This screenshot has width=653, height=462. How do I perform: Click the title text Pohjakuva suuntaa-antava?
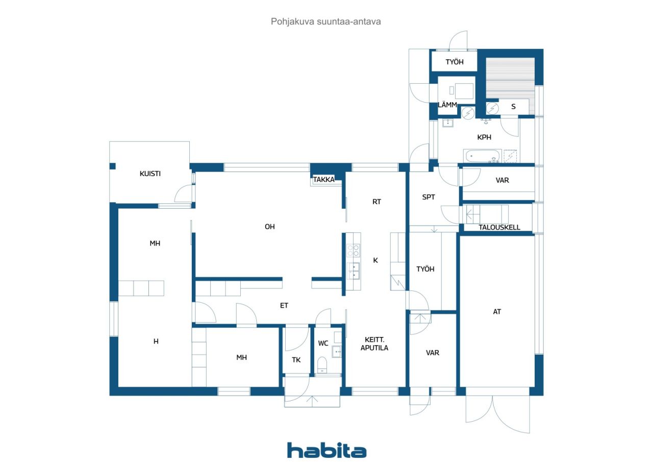325,21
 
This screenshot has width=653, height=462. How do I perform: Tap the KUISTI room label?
150,174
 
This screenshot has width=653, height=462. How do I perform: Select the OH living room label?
270,227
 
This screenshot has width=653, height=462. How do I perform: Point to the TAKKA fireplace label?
323,180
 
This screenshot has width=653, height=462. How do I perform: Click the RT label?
376,202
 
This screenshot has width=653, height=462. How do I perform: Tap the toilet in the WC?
322,365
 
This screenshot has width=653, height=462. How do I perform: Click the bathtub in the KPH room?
482,156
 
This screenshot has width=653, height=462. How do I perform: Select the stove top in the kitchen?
353,250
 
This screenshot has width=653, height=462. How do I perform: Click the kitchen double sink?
353,271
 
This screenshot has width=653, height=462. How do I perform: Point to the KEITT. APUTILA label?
374,344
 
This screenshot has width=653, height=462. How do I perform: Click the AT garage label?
497,312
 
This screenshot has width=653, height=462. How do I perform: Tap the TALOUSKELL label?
499,227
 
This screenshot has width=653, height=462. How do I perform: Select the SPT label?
429,197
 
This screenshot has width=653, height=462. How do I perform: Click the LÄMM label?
447,105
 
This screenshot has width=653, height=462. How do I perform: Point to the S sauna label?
513,107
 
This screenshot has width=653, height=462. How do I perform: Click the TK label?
296,360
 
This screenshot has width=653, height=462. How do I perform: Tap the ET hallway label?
284,305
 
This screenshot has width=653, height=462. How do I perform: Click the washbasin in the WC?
337,352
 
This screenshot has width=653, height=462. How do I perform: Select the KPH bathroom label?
484,137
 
